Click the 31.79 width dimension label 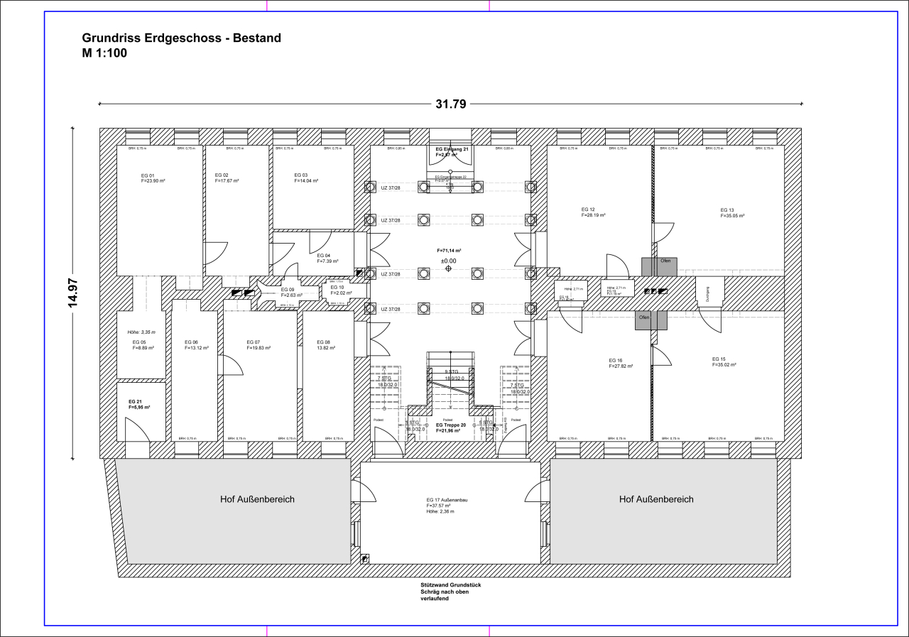coord(450,104)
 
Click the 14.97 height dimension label coord(72,293)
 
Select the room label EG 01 coord(148,175)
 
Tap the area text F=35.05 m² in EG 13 coord(732,216)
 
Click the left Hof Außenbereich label coord(257,499)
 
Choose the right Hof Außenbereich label coord(656,499)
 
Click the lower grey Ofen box coord(651,320)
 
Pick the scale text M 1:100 coord(104,53)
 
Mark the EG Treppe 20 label coord(451,425)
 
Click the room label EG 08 coord(323,342)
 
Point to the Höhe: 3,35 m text coord(141,332)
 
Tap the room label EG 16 coord(616,361)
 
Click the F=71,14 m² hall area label coord(449,251)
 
